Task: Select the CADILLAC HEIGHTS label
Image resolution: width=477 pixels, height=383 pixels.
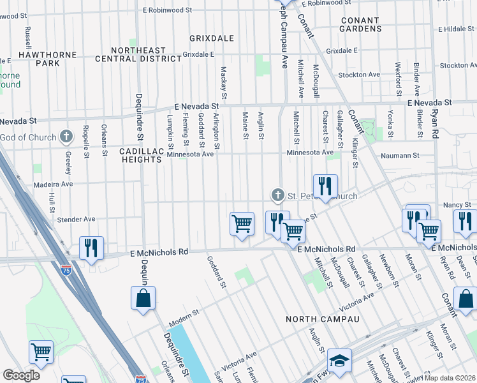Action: click(x=141, y=155)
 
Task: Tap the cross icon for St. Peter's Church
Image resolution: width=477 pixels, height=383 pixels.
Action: click(x=277, y=194)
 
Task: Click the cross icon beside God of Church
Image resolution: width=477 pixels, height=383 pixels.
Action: click(x=66, y=136)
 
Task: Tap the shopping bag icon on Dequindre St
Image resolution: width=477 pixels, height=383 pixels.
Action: click(x=143, y=297)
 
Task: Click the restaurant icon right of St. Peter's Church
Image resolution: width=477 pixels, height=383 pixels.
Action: click(x=325, y=186)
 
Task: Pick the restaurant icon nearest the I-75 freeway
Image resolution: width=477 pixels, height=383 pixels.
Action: click(x=91, y=247)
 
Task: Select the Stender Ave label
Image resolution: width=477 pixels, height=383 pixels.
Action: click(x=76, y=219)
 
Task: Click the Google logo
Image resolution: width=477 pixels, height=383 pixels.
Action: click(x=21, y=375)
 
